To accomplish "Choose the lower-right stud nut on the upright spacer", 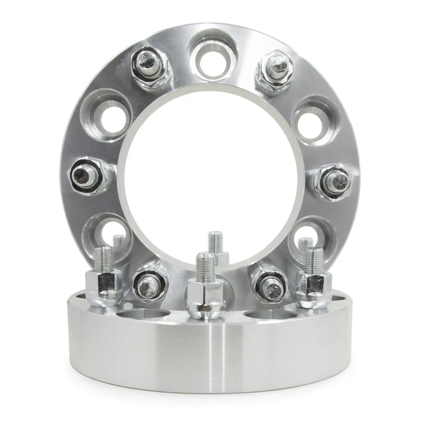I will pyautogui.click(x=269, y=282).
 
